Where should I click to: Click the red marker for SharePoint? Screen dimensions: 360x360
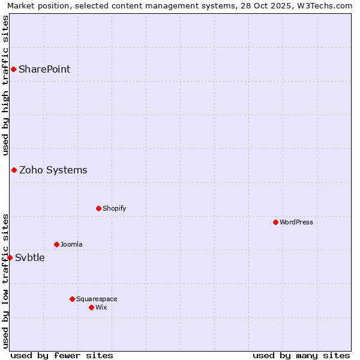13,69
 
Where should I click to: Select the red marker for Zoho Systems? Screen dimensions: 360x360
14,170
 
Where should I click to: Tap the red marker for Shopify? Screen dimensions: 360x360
98,208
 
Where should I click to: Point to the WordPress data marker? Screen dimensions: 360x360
275,222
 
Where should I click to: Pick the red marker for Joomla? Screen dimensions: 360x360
56,244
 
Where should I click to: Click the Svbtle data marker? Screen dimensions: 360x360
10,257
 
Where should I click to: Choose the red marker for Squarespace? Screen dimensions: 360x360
72,299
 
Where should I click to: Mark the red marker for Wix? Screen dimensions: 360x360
91,307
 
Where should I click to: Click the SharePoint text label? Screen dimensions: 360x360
44,69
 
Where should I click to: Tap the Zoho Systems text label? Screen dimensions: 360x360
53,170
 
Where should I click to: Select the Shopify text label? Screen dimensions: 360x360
114,208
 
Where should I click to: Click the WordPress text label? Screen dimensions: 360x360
296,222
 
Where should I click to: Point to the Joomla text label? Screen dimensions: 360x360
71,244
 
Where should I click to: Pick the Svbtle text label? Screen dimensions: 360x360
30,258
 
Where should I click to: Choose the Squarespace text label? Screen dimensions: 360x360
97,299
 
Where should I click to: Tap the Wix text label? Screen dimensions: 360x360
101,307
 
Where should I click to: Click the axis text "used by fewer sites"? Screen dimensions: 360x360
62,355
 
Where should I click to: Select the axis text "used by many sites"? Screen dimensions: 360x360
301,355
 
